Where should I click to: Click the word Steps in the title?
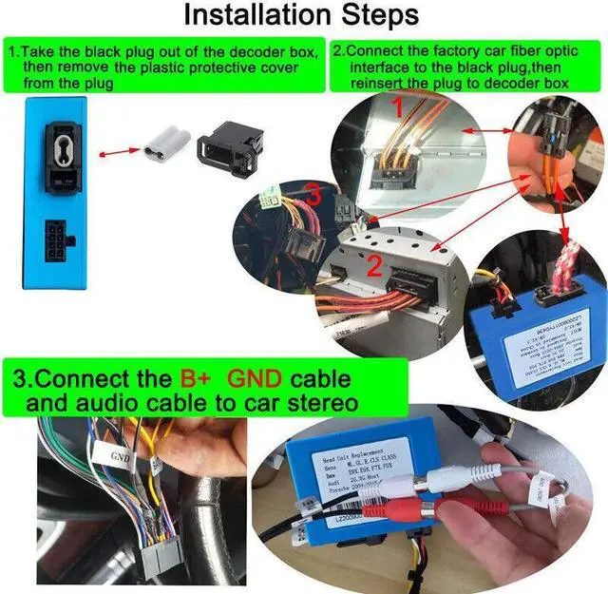[x=376, y=16]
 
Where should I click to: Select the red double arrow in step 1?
[x=116, y=150]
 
